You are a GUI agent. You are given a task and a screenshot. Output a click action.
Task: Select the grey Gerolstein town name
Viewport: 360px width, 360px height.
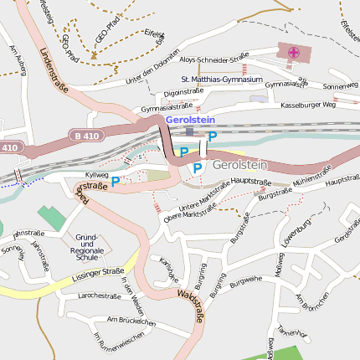239,165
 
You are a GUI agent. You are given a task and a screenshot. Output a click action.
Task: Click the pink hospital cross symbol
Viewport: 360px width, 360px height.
293,53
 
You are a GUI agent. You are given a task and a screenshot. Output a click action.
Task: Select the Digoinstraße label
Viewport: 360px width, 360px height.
183,91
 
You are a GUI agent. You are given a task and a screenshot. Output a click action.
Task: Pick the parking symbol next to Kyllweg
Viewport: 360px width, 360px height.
116,180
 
